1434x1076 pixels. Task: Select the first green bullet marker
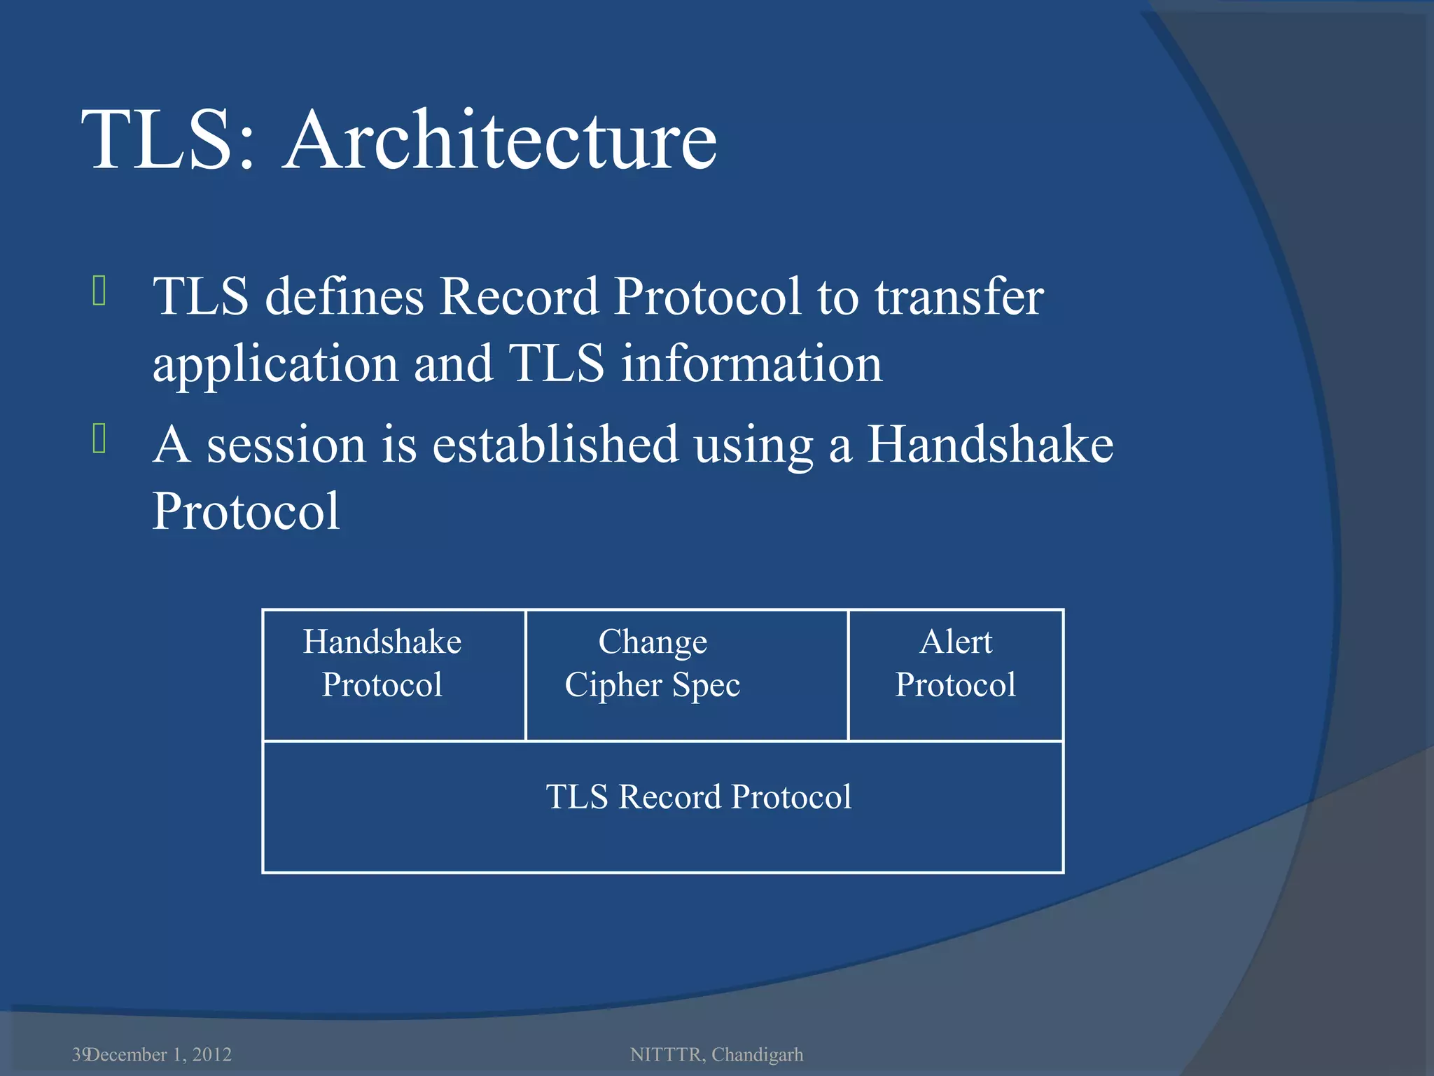[x=99, y=291]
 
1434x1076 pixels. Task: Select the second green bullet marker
[x=99, y=439]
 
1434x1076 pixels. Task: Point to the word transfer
[x=959, y=296]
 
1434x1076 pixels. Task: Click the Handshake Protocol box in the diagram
[x=394, y=675]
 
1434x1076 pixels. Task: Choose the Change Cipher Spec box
[x=686, y=675]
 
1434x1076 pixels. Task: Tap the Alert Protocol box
[x=956, y=675]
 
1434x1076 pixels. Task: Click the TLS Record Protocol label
[x=698, y=797]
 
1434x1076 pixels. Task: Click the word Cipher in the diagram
[x=613, y=685]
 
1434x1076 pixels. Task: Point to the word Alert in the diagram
[x=956, y=642]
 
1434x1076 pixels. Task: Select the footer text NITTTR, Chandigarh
[x=716, y=1054]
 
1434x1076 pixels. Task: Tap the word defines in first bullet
[x=344, y=296]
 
